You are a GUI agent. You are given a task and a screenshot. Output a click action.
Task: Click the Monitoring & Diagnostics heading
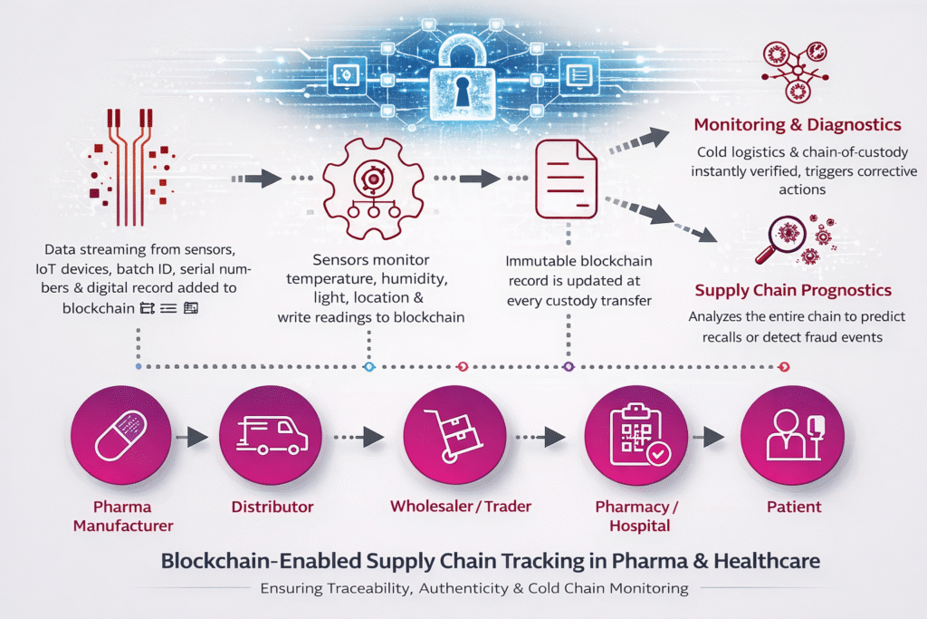click(797, 124)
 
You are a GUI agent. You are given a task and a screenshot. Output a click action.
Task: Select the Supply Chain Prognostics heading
click(793, 290)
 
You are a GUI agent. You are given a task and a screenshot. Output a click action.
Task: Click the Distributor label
click(272, 507)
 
